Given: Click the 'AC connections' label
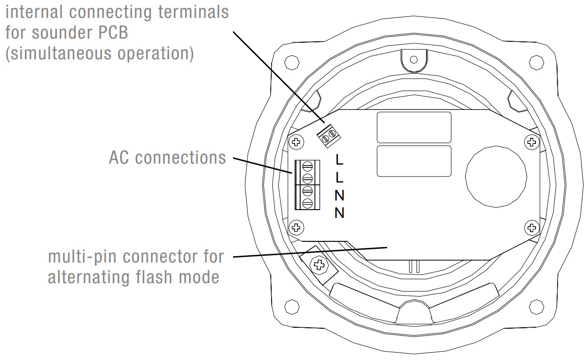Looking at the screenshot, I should [167, 158].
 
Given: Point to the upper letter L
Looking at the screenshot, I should [340, 160].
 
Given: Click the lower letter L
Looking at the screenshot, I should [340, 177].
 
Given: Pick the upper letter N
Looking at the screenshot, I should [340, 195].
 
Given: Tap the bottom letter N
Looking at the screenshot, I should [340, 213].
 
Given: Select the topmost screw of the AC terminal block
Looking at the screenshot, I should [308, 166].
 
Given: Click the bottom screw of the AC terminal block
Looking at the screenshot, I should [308, 203].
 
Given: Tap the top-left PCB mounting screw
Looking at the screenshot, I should [297, 141].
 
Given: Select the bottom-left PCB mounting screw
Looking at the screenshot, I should [297, 226].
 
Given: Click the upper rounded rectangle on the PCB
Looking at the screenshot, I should [414, 127].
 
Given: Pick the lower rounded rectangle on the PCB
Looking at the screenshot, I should [414, 161].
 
